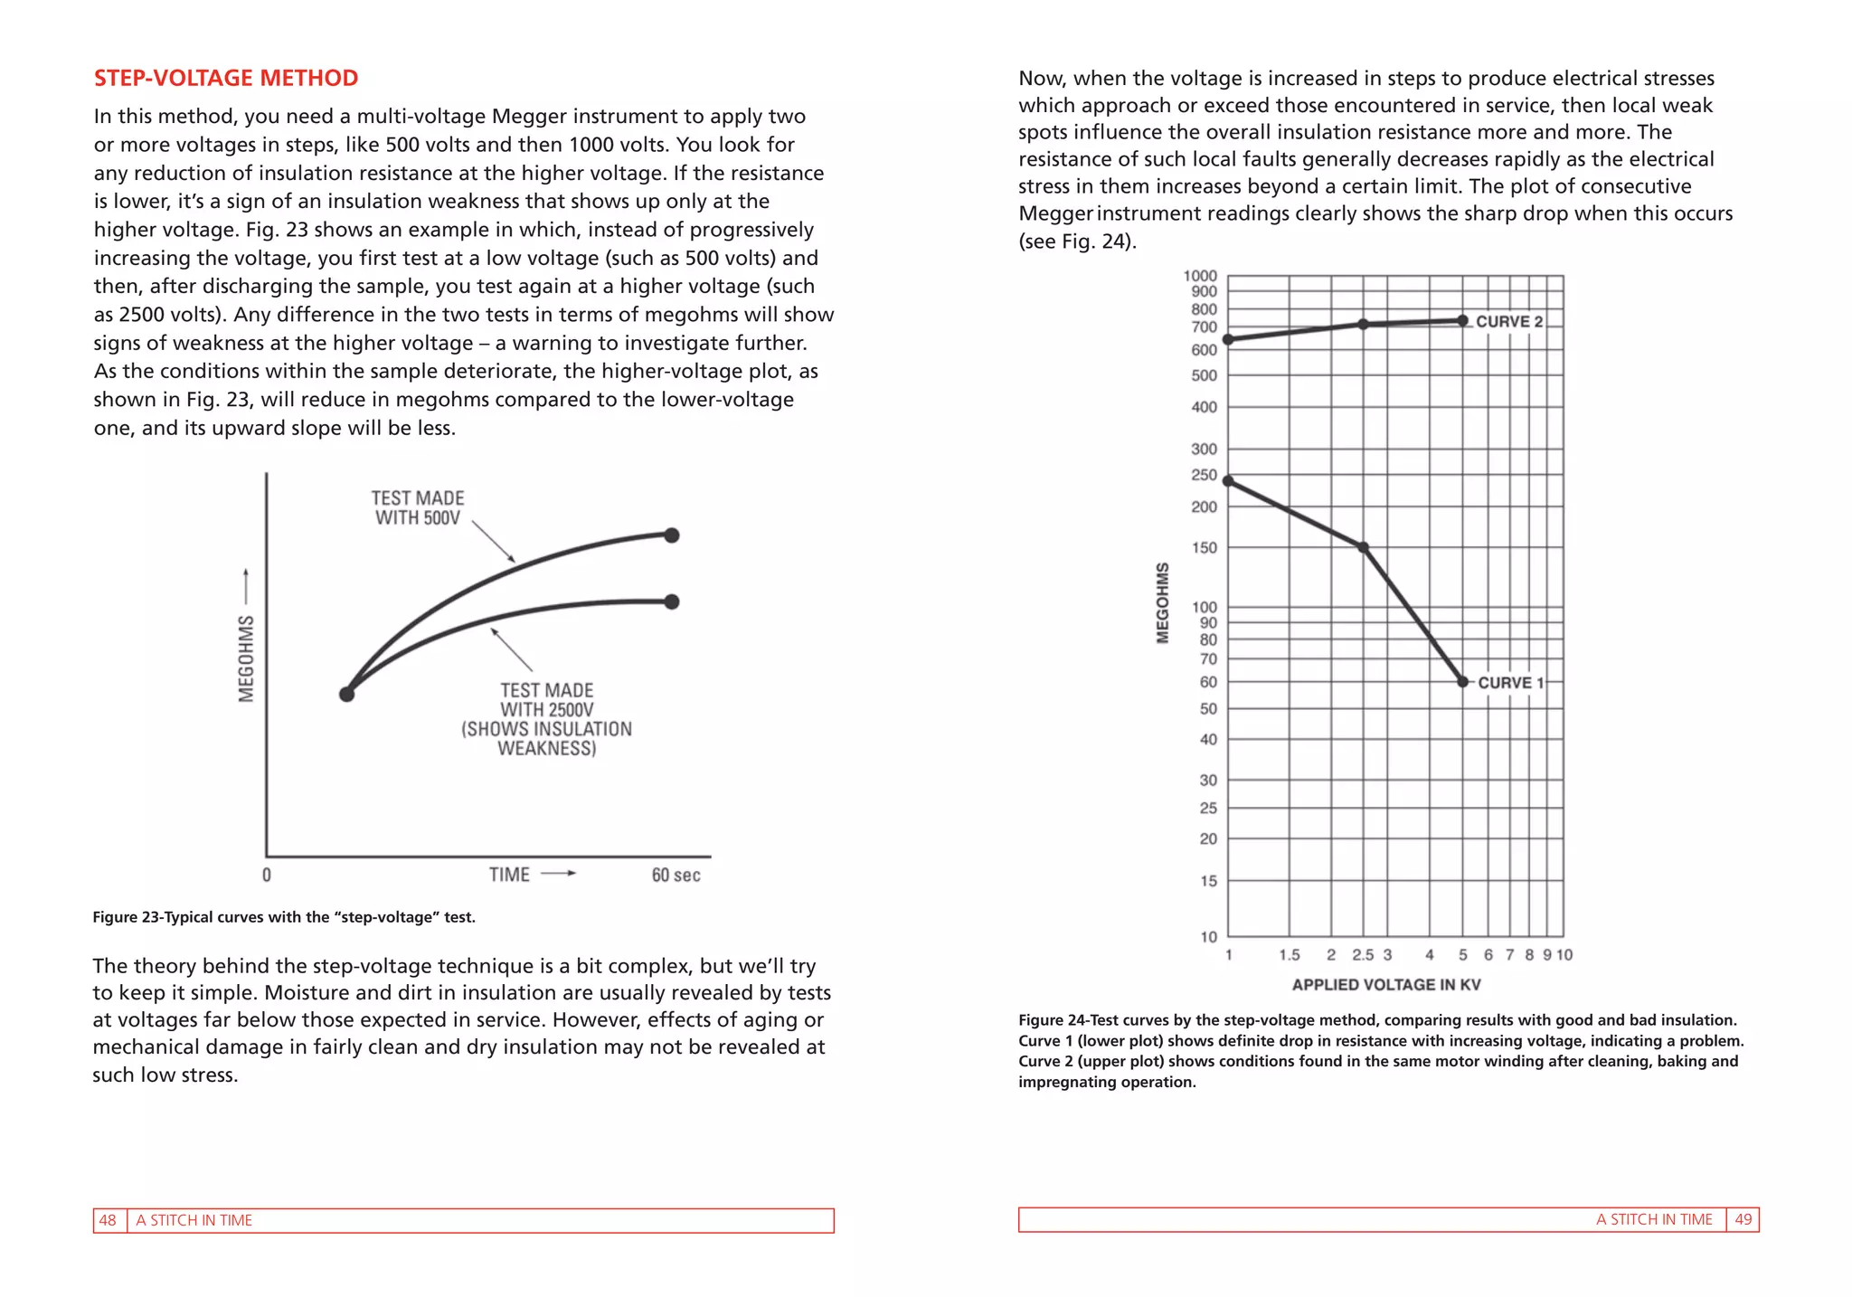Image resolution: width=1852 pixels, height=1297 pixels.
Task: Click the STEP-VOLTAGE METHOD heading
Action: (x=226, y=78)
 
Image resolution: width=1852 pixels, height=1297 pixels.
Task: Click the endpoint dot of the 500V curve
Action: (x=671, y=535)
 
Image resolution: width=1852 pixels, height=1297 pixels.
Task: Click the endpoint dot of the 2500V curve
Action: (x=671, y=601)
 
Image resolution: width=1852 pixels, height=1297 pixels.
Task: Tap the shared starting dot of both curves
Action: (x=346, y=695)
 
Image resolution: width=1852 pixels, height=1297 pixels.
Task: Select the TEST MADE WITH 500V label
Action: (x=417, y=508)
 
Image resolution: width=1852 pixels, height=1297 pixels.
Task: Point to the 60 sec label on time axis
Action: (x=676, y=875)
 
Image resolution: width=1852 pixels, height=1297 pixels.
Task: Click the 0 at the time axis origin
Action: (x=267, y=875)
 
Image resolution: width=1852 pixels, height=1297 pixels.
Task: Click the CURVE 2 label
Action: (x=1508, y=322)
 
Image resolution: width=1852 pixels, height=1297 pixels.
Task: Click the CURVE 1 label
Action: (x=1510, y=683)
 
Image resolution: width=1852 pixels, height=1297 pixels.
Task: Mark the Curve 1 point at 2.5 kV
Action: (x=1363, y=547)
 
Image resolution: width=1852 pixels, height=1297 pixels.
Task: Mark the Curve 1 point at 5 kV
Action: (x=1462, y=682)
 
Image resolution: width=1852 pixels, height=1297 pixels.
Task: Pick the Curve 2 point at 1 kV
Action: (x=1228, y=340)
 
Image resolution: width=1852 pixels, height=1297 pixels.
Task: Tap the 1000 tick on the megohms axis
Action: (x=1200, y=276)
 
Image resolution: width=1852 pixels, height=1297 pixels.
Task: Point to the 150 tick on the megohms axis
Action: (x=1204, y=547)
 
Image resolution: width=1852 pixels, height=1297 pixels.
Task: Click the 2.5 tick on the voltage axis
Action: (x=1362, y=955)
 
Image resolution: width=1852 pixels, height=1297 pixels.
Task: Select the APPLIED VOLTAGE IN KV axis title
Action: (x=1385, y=985)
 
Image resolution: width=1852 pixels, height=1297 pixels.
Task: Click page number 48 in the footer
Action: (x=108, y=1220)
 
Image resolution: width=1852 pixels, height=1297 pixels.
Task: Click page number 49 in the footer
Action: (x=1743, y=1219)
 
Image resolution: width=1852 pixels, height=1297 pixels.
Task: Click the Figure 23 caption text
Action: (x=284, y=917)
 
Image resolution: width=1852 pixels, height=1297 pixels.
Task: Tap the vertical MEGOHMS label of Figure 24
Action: (x=1163, y=603)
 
